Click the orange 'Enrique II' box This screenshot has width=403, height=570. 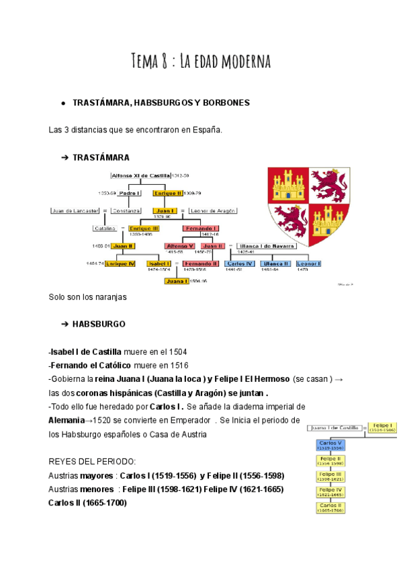[167, 193]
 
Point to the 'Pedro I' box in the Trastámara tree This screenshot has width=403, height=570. [129, 193]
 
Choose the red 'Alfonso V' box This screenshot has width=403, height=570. [179, 246]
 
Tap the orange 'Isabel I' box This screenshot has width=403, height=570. [159, 263]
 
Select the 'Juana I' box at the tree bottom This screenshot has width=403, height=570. [177, 281]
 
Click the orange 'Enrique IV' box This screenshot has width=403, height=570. [121, 263]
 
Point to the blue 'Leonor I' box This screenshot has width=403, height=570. [310, 263]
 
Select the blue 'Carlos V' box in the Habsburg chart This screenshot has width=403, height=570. [331, 446]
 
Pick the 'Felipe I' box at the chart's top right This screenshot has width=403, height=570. [382, 427]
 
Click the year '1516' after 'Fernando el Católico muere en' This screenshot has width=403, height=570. [177, 365]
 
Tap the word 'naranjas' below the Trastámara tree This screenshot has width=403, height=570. [111, 296]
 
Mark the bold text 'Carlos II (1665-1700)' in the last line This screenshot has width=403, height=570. [87, 502]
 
